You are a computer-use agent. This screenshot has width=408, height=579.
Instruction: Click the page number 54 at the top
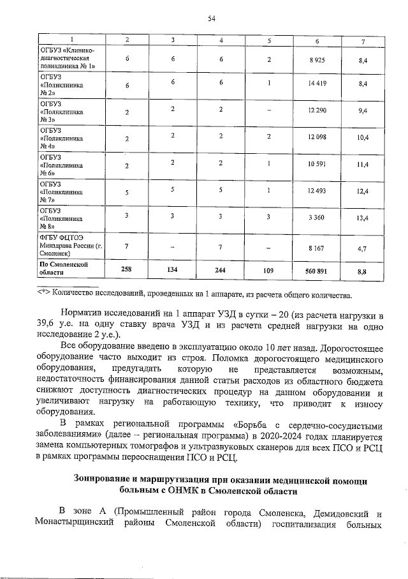pyautogui.click(x=211, y=19)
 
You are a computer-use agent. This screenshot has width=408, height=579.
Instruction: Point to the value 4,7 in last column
pyautogui.click(x=362, y=246)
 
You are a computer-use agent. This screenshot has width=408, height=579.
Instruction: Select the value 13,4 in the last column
pyautogui.click(x=362, y=218)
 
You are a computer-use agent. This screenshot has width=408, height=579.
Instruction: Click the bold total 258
pyautogui.click(x=127, y=269)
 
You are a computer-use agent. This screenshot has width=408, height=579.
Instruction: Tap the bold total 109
pyautogui.click(x=268, y=270)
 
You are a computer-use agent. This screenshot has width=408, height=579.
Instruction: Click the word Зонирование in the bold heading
pyautogui.click(x=106, y=479)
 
